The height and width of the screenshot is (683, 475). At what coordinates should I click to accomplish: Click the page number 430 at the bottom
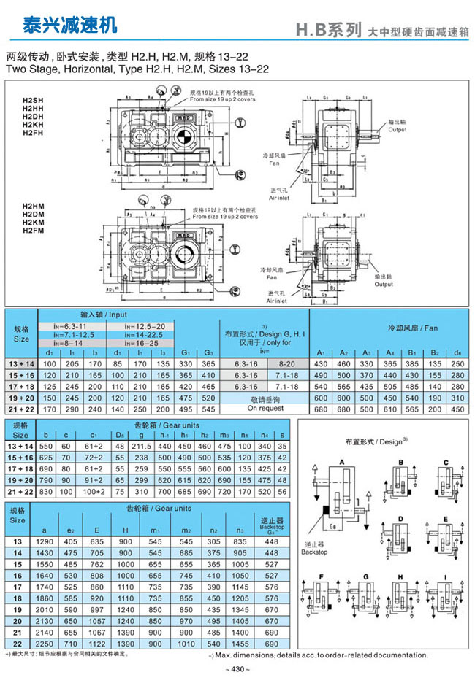(x=237, y=668)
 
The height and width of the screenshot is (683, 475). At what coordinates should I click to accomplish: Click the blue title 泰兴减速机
(x=60, y=25)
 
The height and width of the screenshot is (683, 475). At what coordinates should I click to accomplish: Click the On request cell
(x=266, y=409)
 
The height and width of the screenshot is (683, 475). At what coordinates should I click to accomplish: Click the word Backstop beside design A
(x=316, y=552)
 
